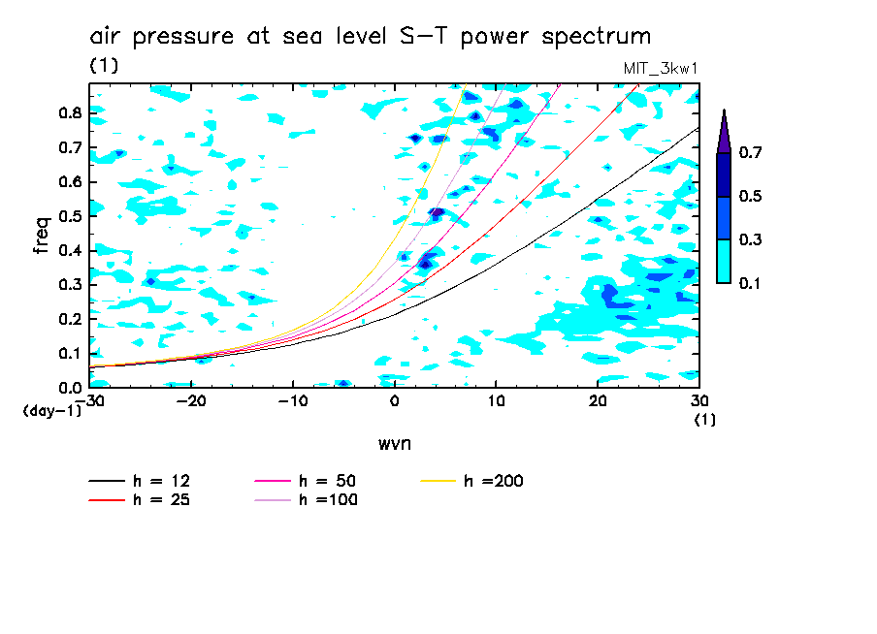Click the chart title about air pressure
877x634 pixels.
pos(371,37)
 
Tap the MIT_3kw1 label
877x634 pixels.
pos(661,69)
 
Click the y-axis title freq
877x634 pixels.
pos(41,236)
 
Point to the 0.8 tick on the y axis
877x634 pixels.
pos(69,112)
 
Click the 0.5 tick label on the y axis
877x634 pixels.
pos(69,216)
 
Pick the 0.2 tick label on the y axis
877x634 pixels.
pos(69,319)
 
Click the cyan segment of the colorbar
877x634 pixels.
pos(724,261)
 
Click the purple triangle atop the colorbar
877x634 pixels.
pos(724,133)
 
